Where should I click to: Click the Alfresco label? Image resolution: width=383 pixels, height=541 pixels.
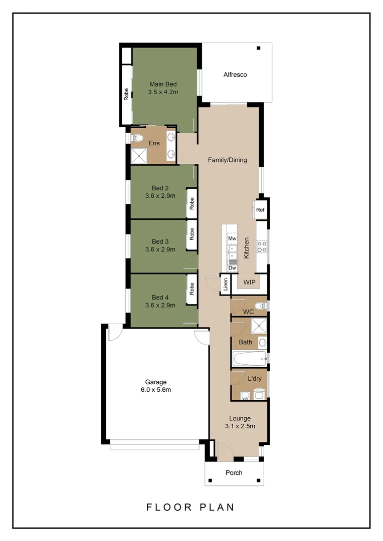click(235, 75)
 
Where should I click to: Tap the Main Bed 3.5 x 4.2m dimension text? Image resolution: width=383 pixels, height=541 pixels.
click(163, 92)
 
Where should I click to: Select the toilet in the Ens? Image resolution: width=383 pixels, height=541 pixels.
click(137, 138)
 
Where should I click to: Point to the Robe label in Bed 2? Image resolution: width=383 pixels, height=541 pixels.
click(192, 203)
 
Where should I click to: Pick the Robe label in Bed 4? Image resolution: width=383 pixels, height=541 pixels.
click(192, 289)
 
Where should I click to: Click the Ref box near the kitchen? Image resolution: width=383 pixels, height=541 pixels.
click(260, 210)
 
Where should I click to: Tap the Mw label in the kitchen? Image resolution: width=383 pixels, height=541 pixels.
click(232, 238)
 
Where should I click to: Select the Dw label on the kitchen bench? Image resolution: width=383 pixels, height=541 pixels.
click(232, 268)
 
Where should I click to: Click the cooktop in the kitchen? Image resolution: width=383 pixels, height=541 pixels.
click(261, 246)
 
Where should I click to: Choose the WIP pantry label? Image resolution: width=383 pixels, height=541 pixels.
click(249, 283)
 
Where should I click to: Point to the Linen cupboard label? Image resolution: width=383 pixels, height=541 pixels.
click(226, 285)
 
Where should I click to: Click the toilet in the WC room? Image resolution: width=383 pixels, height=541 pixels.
click(260, 306)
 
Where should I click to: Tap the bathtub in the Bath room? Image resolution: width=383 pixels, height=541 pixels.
click(249, 358)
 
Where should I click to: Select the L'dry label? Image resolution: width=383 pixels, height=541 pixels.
click(255, 379)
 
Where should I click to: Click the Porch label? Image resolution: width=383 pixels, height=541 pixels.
click(234, 472)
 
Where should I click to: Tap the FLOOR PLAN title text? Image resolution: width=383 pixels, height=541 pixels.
click(190, 507)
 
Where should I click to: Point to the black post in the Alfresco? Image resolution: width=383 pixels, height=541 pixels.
click(259, 48)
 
